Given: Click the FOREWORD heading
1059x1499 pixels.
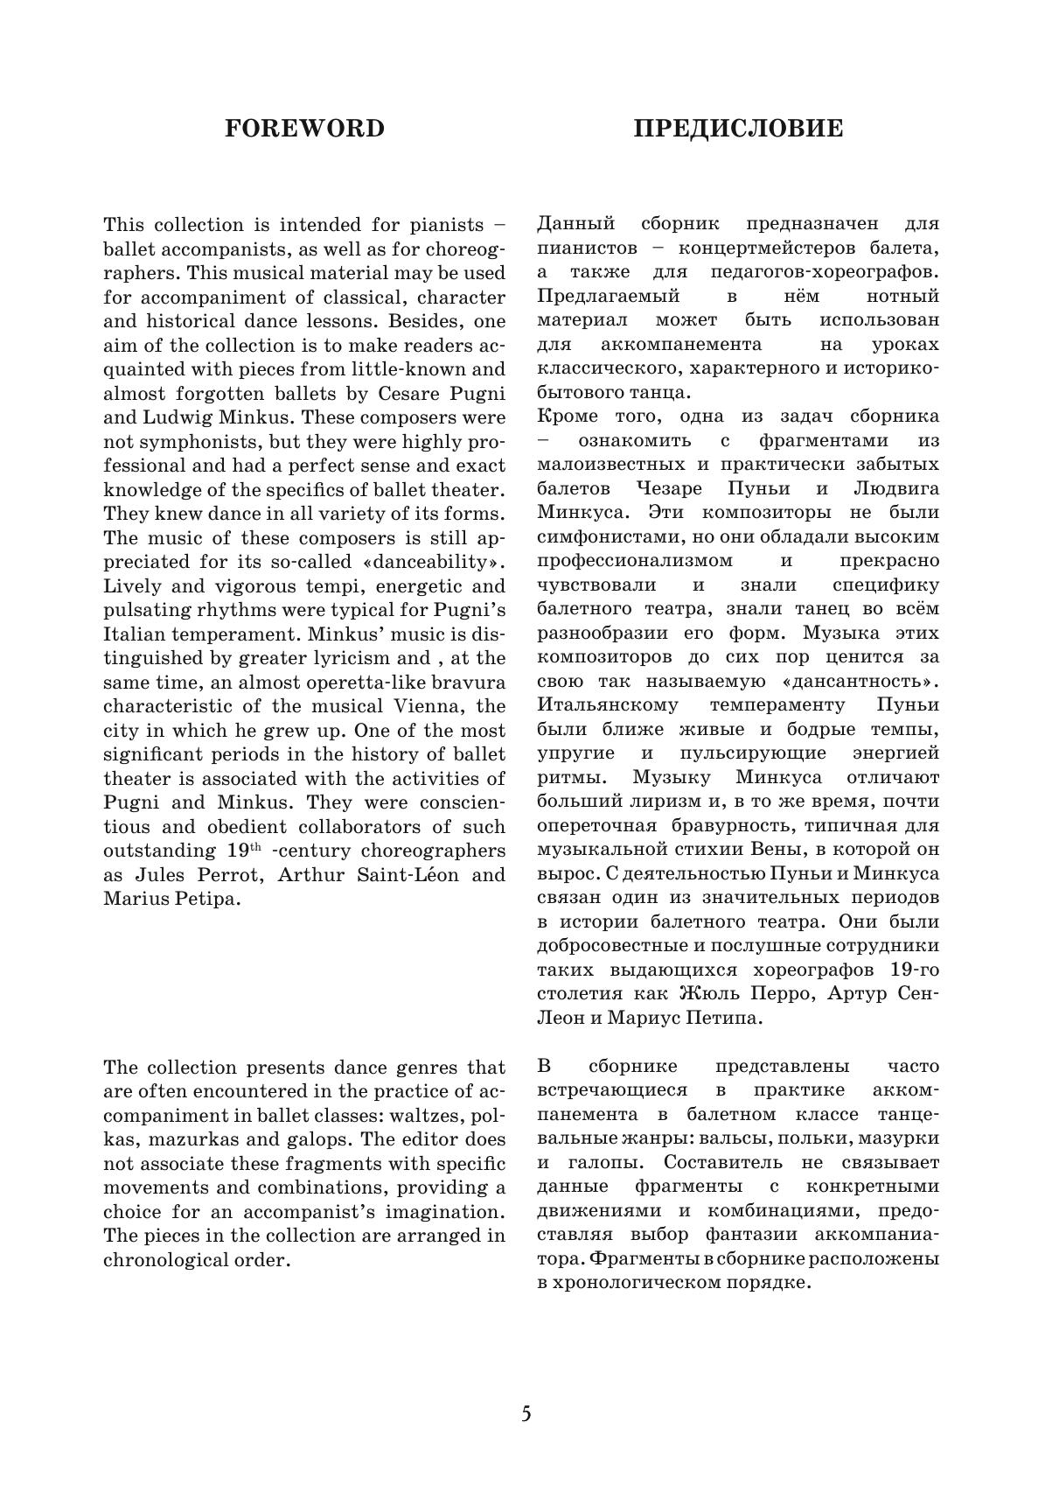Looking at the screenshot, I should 304,129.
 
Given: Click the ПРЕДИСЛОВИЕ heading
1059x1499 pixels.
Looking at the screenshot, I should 738,129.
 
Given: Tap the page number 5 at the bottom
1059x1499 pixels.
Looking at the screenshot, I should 526,1414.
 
